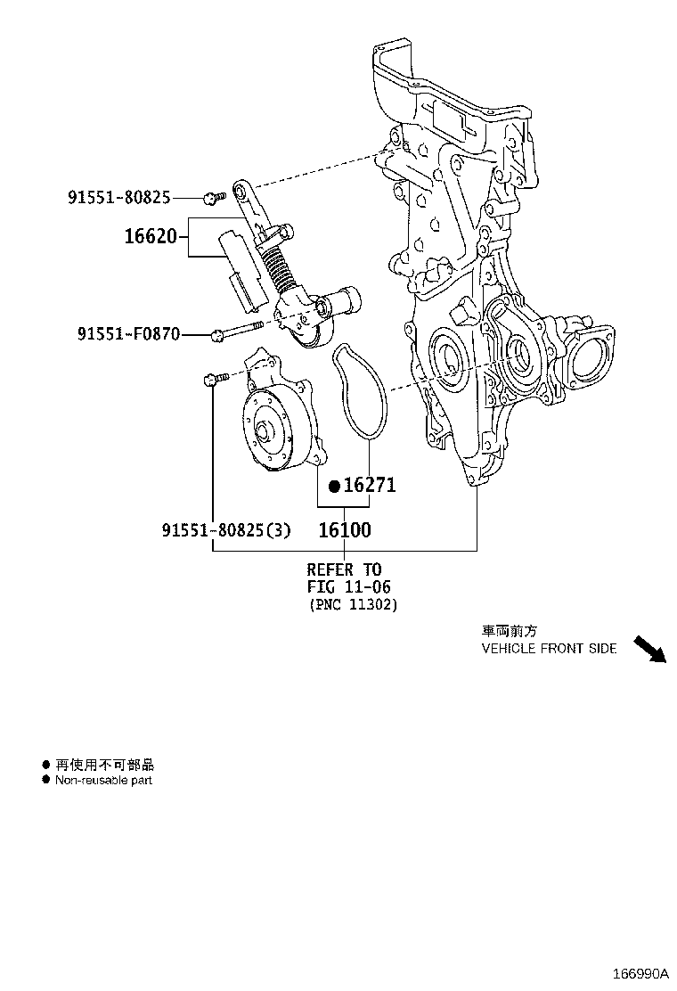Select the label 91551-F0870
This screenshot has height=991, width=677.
pyautogui.click(x=128, y=334)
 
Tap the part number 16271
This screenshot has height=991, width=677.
pyautogui.click(x=369, y=485)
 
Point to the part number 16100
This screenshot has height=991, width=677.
pyautogui.click(x=345, y=529)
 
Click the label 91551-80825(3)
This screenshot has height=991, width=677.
pyautogui.click(x=226, y=530)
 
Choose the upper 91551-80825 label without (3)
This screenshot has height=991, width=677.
pyautogui.click(x=118, y=197)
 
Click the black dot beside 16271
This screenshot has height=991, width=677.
pyautogui.click(x=334, y=486)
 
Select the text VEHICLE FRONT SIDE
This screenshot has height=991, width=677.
pyautogui.click(x=549, y=649)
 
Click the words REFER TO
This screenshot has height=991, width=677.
pyautogui.click(x=344, y=569)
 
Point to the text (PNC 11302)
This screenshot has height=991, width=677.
pyautogui.click(x=353, y=604)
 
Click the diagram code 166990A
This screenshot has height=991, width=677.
pyautogui.click(x=639, y=971)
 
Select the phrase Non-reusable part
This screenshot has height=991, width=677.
pyautogui.click(x=103, y=780)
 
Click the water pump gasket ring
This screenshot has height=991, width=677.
pyautogui.click(x=358, y=392)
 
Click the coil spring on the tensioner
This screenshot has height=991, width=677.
pyautogui.click(x=279, y=267)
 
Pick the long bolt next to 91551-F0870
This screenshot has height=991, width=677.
pyautogui.click(x=241, y=331)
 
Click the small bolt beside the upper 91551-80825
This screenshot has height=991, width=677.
pyautogui.click(x=210, y=197)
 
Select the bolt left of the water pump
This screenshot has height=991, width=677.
pyautogui.click(x=214, y=381)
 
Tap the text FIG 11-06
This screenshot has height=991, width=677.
pyautogui.click(x=349, y=586)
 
